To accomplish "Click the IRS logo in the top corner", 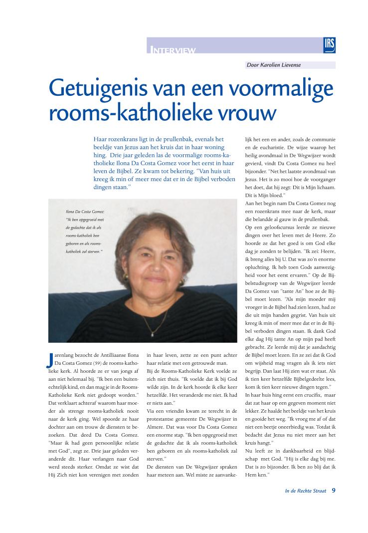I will click(x=329, y=45).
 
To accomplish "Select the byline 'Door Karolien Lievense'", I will click(x=274, y=65).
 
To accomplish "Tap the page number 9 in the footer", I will click(x=333, y=491).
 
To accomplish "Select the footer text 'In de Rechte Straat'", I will click(x=306, y=491).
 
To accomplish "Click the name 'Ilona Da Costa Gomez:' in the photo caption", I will click(x=85, y=212).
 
